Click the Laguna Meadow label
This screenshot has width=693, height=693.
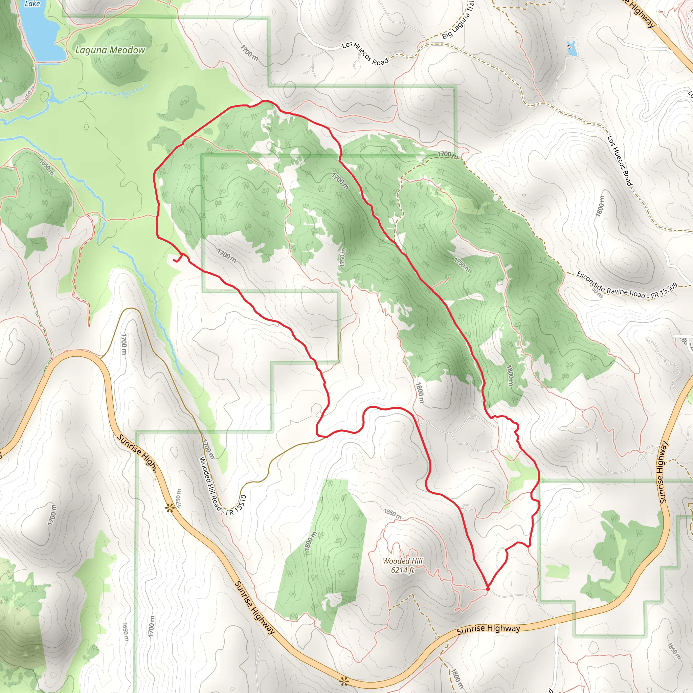pyautogui.click(x=110, y=50)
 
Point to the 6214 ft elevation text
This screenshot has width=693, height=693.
pyautogui.click(x=402, y=570)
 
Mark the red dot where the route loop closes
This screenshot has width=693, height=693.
pyautogui.click(x=488, y=589)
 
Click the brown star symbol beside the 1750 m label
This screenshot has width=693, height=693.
pyautogui.click(x=169, y=508)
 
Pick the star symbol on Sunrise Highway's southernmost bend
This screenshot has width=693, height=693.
pyautogui.click(x=344, y=681)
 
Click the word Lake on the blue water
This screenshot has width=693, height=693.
pyautogui.click(x=32, y=4)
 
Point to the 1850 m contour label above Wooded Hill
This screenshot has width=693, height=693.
pyautogui.click(x=393, y=514)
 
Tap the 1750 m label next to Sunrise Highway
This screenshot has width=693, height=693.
pyautogui.click(x=179, y=497)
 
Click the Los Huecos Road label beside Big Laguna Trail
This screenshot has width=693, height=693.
pyautogui.click(x=365, y=54)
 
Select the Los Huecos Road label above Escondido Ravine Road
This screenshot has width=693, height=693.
pyautogui.click(x=620, y=160)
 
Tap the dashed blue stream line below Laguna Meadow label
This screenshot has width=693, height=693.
pyautogui.click(x=108, y=92)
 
